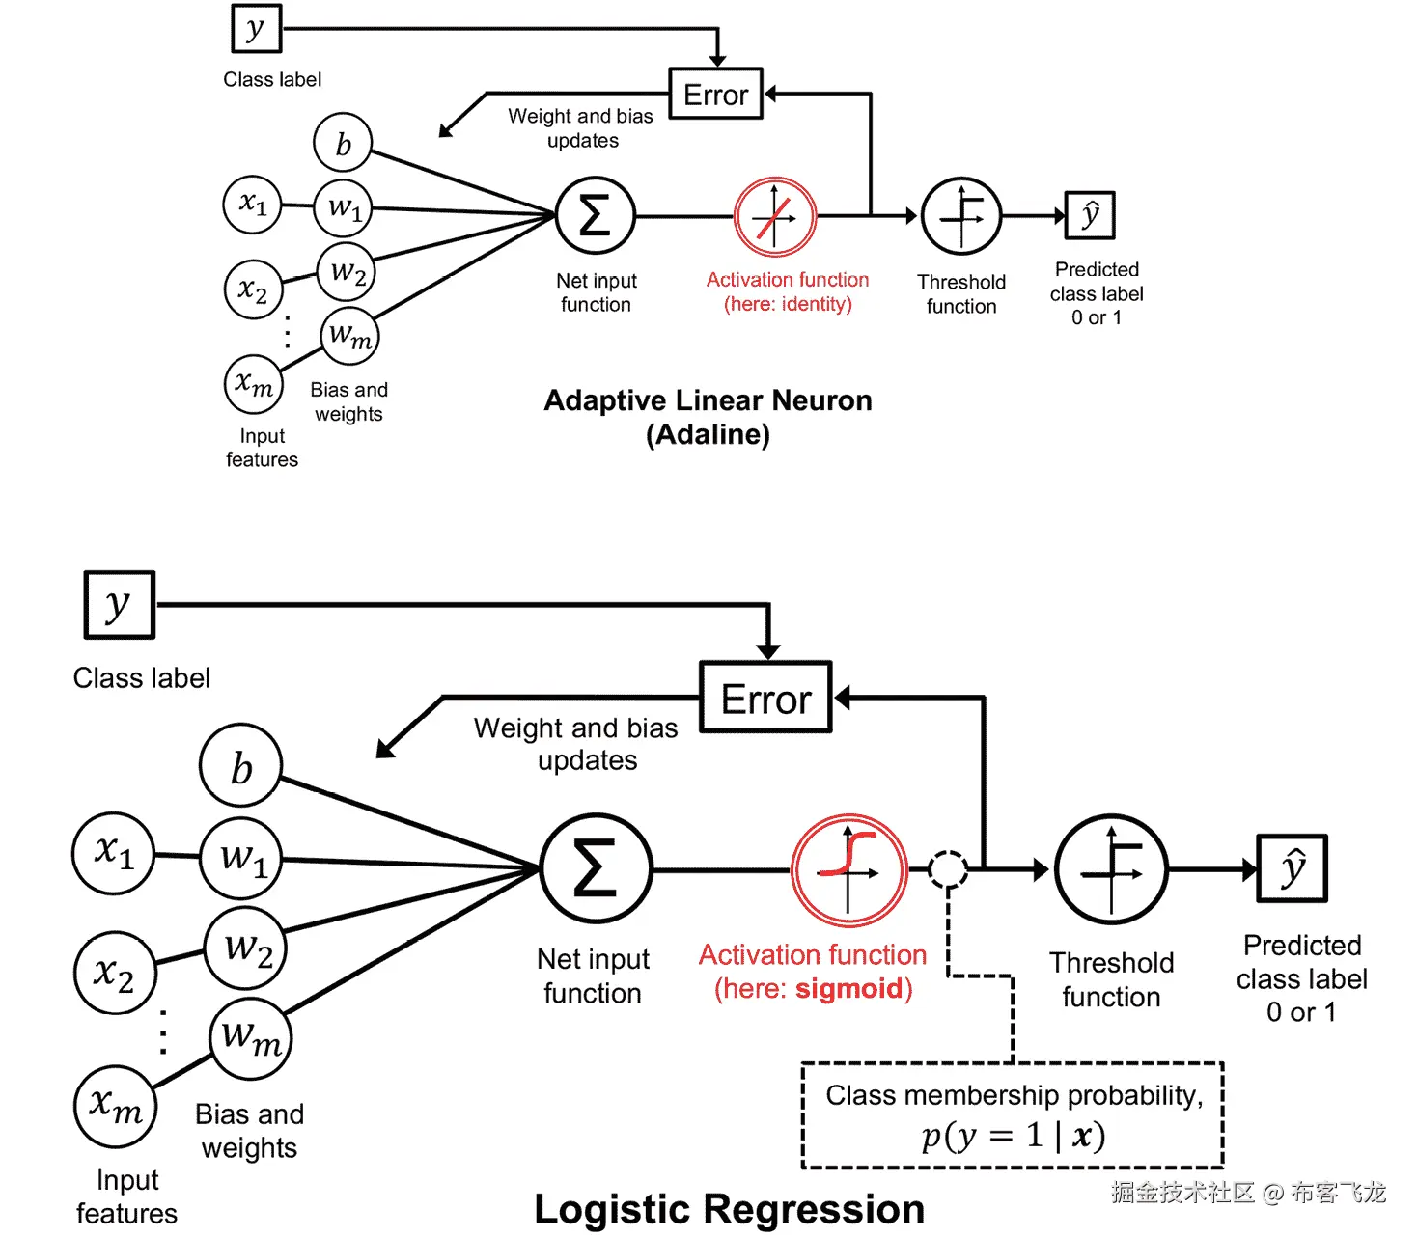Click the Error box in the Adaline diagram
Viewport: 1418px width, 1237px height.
715,94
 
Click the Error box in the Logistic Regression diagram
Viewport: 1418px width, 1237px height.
765,698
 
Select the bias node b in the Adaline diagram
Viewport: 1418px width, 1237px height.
343,143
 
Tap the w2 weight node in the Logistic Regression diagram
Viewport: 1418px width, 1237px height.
246,948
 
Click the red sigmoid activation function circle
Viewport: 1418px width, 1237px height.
848,870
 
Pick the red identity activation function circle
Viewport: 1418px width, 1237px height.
774,217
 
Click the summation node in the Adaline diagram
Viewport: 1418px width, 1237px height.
595,216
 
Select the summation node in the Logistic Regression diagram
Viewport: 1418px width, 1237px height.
596,869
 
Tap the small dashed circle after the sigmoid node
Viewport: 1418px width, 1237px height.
948,869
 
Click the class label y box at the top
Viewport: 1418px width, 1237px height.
256,28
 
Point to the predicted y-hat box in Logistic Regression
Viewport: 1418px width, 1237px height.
1292,868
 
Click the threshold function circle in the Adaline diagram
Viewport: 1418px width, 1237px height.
961,216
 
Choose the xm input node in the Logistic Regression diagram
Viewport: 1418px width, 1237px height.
116,1106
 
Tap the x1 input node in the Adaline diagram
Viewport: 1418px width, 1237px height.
252,204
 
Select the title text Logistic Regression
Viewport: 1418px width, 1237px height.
729,1209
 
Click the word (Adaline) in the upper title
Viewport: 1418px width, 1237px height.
708,434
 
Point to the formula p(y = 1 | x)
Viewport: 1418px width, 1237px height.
1013,1136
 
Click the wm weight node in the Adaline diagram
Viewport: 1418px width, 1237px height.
349,336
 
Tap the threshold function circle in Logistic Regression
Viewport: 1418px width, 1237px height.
1111,870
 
